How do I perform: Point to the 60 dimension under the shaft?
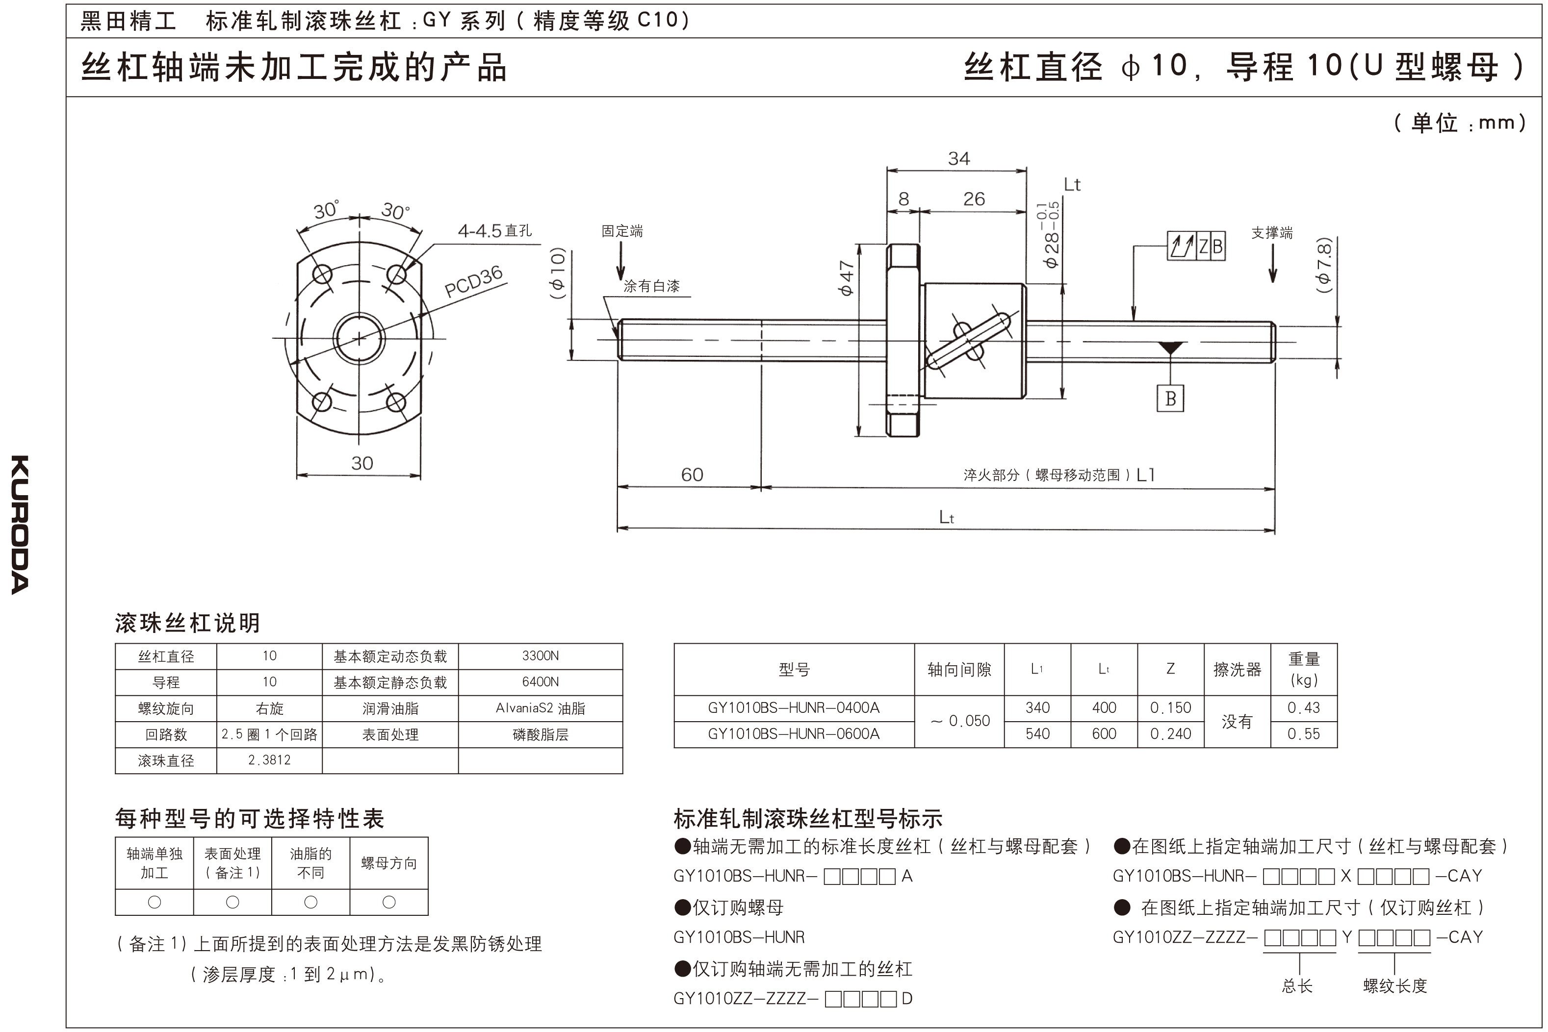point(692,475)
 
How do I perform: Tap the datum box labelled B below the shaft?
point(1170,398)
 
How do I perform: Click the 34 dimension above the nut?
point(959,159)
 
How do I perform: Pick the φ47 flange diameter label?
point(846,278)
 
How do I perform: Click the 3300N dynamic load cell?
point(540,656)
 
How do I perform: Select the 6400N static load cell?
point(540,682)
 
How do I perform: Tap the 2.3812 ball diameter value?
point(269,760)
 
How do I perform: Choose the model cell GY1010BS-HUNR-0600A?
point(794,734)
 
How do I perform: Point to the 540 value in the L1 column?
point(1037,734)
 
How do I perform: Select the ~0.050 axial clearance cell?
point(959,721)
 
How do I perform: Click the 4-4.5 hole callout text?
point(494,231)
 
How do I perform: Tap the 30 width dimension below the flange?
point(361,463)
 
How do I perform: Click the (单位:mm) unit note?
point(1459,123)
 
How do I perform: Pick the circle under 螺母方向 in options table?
point(389,903)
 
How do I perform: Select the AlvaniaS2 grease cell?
point(540,709)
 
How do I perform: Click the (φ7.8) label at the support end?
point(1323,265)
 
